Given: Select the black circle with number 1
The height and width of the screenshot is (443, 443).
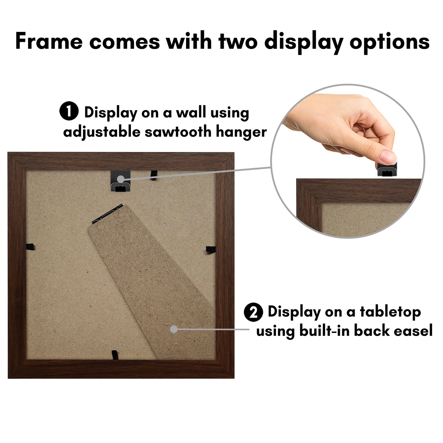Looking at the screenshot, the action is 69,111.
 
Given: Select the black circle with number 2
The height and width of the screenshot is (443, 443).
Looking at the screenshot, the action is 253,312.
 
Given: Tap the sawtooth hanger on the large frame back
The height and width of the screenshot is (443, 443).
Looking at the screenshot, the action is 121,181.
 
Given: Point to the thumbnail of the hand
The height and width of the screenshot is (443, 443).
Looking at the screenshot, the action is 388,157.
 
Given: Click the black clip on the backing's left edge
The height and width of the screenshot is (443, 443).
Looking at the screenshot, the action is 30,247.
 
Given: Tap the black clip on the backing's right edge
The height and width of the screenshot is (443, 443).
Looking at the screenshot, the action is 211,249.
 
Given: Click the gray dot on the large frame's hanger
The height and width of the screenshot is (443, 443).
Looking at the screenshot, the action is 121,179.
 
